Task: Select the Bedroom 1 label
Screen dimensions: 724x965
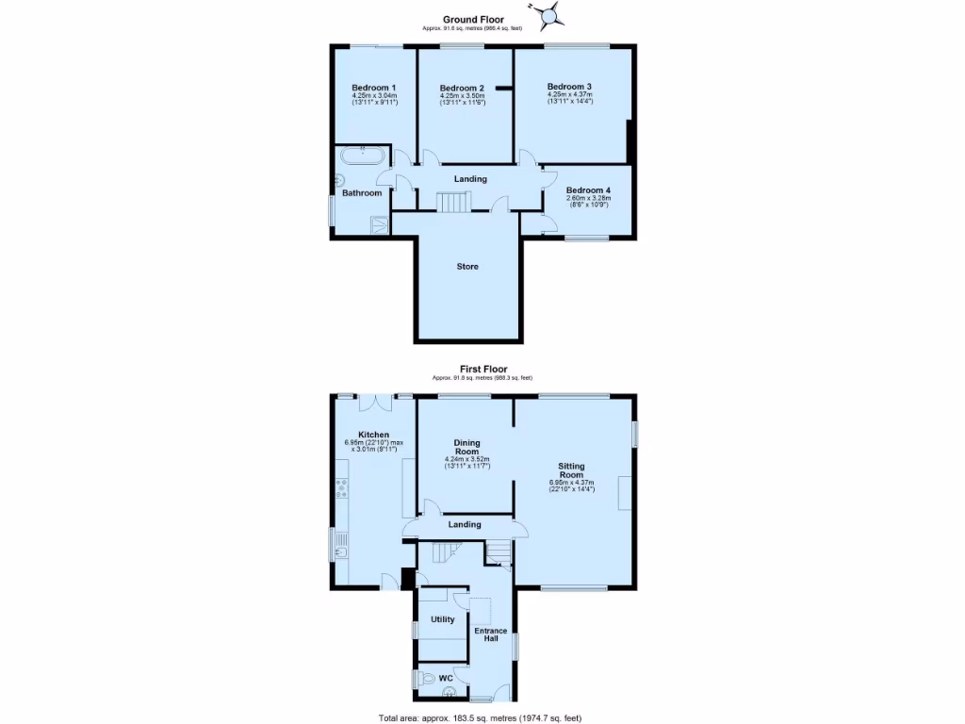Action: (374, 88)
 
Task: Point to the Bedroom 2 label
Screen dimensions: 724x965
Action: (462, 89)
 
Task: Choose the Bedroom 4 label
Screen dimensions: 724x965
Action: (588, 190)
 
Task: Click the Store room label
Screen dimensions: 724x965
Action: (467, 267)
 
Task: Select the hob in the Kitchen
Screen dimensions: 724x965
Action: (341, 487)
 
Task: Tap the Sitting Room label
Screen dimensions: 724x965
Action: (571, 470)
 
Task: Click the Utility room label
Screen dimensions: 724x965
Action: (443, 619)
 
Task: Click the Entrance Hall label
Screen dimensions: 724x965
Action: (490, 634)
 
